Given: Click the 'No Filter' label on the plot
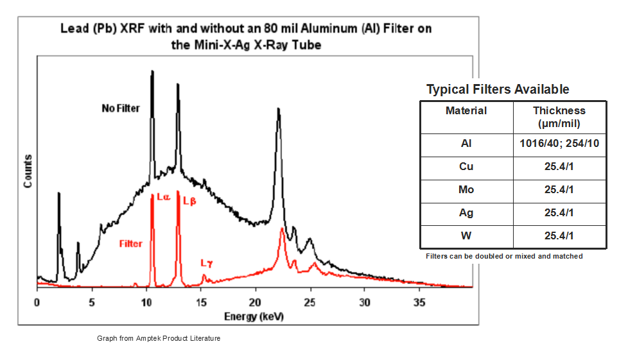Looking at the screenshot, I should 120,108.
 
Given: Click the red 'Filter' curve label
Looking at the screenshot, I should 130,243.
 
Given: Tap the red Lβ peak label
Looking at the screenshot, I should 189,200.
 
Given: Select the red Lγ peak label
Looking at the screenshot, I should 205,262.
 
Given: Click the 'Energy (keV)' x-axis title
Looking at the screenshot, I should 254,317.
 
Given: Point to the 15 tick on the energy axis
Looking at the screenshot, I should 201,300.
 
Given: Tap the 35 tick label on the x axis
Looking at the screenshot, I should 419,300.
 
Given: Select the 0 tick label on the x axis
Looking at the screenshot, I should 37,300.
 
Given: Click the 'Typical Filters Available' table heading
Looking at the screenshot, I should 498,89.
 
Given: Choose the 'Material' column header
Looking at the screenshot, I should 466,110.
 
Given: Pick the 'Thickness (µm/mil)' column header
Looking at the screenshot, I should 559,116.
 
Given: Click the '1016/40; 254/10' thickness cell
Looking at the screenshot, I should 559,143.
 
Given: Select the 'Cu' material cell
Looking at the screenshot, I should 466,166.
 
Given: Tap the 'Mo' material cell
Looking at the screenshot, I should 466,189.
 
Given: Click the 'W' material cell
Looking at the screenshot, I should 466,236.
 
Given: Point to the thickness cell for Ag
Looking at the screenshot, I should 559,212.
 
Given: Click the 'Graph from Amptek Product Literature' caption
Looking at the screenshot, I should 159,338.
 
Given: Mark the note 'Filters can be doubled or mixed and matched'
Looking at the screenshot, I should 504,256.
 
